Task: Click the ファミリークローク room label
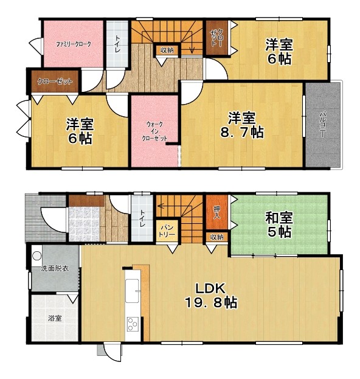74,44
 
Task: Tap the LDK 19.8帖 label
210,295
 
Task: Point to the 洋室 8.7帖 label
242,125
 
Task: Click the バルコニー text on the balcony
323,124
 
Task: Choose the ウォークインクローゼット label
154,131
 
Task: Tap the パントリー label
168,231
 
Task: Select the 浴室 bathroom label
55,318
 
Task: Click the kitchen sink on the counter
132,291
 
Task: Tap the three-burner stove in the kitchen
133,324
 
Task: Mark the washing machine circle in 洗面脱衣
37,256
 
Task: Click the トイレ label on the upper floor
117,44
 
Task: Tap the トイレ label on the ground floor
142,218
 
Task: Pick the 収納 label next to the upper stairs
167,50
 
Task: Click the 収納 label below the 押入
216,237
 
